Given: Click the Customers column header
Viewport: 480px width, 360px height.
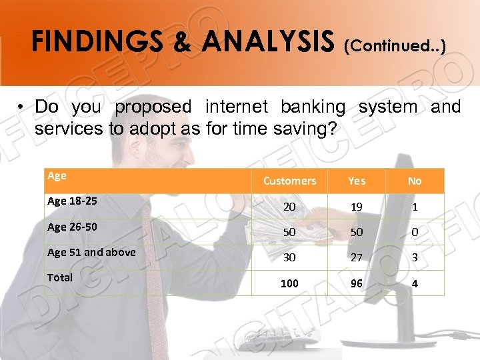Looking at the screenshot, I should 289,181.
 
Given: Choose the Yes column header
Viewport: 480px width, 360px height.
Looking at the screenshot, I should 357,181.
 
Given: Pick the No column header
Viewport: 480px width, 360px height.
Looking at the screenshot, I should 415,181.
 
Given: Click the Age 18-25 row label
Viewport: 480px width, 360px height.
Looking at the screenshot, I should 73,201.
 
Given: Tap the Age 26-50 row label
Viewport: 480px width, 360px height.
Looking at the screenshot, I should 73,227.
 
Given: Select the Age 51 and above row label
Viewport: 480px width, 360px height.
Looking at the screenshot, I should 91,252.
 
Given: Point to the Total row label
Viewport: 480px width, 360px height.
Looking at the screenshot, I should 60,277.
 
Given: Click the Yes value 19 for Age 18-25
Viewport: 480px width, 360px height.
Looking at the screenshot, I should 357,207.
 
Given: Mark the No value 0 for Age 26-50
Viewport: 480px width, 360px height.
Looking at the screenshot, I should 415,233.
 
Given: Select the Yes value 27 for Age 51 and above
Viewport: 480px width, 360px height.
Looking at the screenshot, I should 357,258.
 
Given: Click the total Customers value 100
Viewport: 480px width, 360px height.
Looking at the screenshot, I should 289,283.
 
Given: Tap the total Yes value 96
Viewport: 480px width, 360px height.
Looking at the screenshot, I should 357,283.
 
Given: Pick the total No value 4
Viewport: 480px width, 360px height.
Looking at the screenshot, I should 415,283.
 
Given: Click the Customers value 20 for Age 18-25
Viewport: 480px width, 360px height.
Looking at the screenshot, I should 289,207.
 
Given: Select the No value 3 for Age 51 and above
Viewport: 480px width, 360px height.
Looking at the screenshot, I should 415,258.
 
